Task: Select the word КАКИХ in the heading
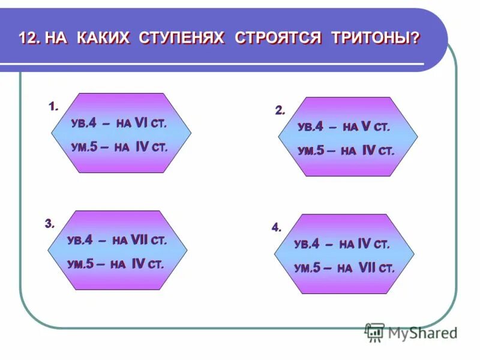105,38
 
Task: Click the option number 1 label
53,107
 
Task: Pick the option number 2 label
280,110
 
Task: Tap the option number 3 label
49,224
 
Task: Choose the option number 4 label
276,227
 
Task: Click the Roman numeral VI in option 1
142,123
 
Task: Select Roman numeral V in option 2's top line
365,127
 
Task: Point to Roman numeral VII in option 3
139,240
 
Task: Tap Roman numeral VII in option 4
367,268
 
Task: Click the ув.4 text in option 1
83,124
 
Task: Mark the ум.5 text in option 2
311,151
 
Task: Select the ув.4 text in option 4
307,244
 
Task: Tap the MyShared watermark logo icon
375,332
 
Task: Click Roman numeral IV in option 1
142,147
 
